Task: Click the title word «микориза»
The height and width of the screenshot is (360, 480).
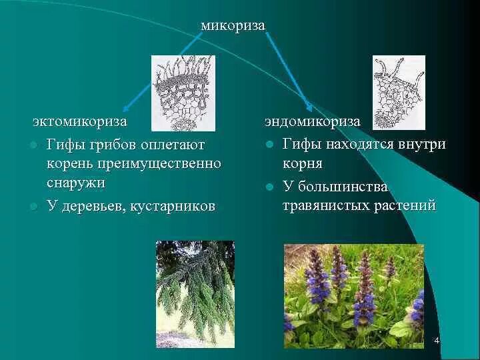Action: click(233, 25)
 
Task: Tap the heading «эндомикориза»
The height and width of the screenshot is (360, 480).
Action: click(312, 122)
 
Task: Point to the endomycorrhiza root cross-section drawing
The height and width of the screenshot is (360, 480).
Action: click(398, 92)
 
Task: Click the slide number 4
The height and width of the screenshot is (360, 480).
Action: click(437, 341)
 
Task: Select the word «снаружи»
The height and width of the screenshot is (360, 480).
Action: click(76, 183)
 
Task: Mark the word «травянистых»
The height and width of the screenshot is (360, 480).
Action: click(322, 206)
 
